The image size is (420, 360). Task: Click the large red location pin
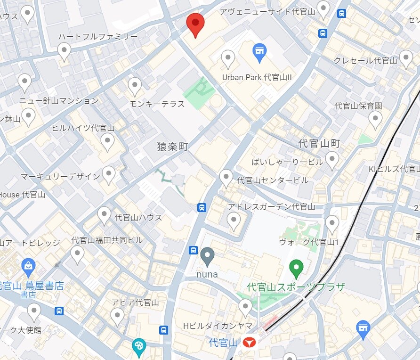195,24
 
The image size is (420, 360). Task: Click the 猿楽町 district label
172,147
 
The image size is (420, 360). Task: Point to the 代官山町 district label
319,143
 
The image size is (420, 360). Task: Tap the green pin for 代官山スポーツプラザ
296,269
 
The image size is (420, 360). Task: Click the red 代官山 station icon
250,343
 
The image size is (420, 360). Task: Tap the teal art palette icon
139,346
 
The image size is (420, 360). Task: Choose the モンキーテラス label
157,104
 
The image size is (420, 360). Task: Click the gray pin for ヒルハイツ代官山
108,141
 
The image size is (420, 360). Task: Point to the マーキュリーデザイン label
60,176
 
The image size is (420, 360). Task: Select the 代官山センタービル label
273,180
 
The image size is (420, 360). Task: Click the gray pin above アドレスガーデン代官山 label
234,220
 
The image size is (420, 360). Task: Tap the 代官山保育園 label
358,106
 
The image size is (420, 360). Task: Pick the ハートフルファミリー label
98,37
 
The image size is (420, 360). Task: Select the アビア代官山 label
135,303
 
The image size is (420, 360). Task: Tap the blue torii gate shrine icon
363,328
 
